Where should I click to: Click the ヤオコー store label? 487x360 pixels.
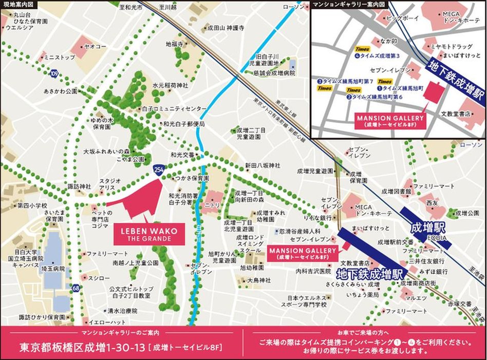coord(96,46)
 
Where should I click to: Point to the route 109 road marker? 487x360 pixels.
coord(54,74)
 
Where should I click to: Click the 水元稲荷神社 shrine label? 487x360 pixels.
coord(171,85)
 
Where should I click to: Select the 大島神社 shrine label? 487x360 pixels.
coord(258,280)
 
